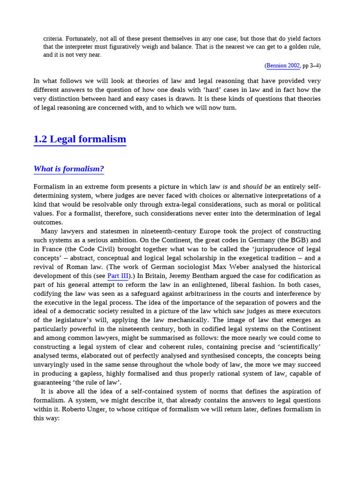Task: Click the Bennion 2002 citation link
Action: coord(283,66)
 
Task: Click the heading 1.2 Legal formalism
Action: coord(80,139)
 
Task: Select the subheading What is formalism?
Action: coord(68,169)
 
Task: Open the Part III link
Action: coord(118,276)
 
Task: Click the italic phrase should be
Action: coord(257,187)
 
